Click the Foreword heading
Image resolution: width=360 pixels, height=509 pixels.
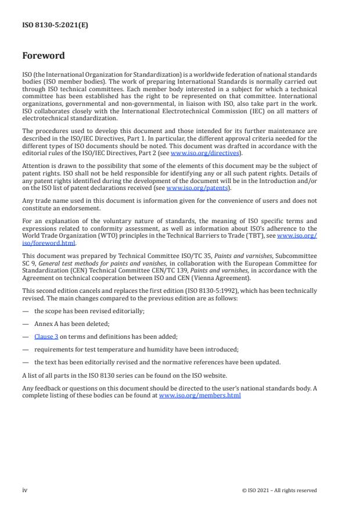click(x=43, y=56)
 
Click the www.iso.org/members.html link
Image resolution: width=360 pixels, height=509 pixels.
click(x=200, y=395)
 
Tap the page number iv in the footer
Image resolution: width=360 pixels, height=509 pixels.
click(x=25, y=490)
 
